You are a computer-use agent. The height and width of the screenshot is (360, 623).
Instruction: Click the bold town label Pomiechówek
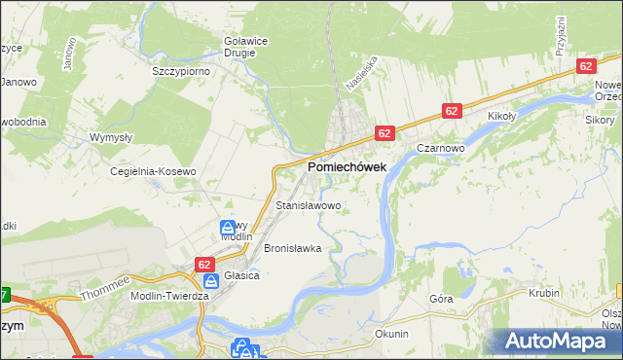tap(347, 167)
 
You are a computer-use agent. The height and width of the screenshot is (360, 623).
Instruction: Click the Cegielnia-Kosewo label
tap(153, 171)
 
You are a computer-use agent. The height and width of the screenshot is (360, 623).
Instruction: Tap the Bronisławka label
tap(292, 248)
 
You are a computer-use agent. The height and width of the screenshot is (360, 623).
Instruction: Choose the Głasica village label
tap(241, 275)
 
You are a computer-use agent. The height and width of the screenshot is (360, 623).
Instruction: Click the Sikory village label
tap(600, 120)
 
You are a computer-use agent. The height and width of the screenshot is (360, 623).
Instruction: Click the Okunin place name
tap(390, 334)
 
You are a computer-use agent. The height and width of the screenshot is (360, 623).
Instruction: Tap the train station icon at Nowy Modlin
tap(226, 228)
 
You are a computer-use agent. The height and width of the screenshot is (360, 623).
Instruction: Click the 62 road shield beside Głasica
tap(204, 264)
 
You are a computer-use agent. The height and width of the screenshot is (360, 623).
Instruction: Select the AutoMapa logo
tap(559, 342)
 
